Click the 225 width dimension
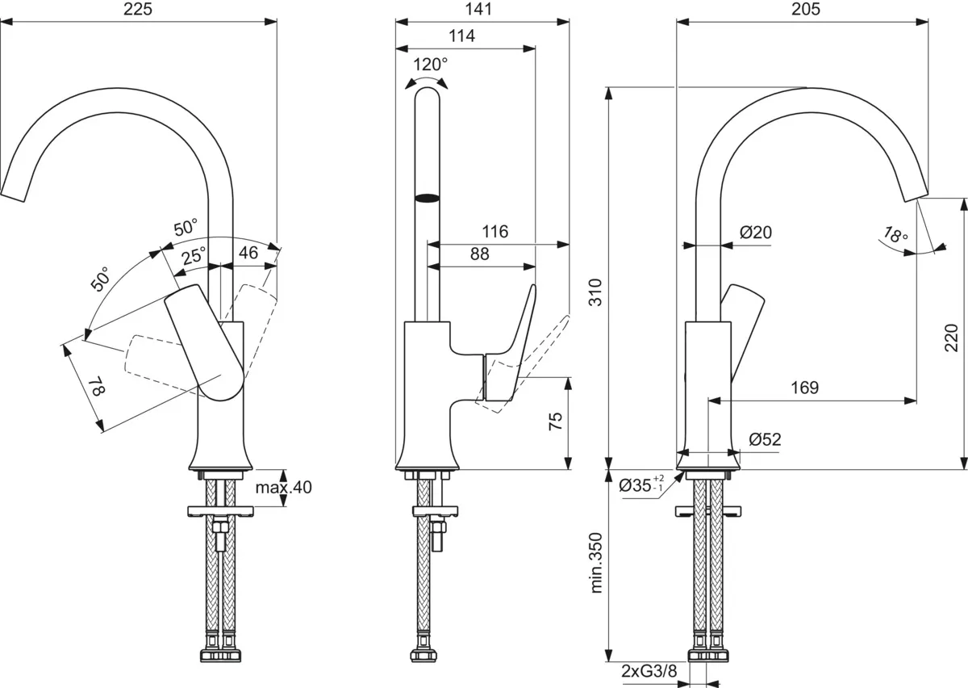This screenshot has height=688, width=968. click(138, 9)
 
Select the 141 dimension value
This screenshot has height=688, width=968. click(478, 9)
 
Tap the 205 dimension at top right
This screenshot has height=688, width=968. click(806, 9)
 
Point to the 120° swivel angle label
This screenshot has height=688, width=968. click(431, 65)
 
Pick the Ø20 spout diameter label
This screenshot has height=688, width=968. click(756, 233)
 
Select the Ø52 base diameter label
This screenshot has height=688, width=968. click(766, 439)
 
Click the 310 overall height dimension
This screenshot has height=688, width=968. click(595, 292)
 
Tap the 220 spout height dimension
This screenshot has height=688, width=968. click(951, 338)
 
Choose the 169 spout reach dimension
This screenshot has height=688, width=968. click(805, 388)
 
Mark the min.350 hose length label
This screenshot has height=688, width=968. click(595, 563)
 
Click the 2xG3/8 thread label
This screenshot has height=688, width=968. click(649, 671)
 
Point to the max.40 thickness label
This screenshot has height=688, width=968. click(283, 487)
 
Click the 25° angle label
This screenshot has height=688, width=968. click(194, 256)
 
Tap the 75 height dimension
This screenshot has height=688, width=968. click(556, 421)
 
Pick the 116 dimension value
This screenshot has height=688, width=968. click(494, 232)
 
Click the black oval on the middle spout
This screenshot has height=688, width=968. click(427, 198)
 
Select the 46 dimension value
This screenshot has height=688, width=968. click(248, 252)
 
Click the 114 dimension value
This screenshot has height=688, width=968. click(461, 36)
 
